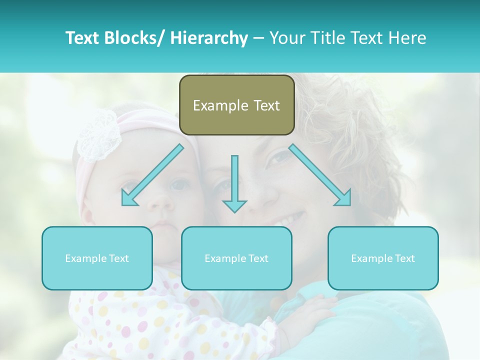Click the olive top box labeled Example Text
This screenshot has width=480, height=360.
point(236,105)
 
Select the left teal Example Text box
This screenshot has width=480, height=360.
point(97,258)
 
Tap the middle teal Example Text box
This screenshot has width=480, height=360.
point(236,258)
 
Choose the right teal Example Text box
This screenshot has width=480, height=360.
point(383,258)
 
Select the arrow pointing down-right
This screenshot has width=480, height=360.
point(321,175)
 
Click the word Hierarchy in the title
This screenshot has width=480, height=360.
point(209,38)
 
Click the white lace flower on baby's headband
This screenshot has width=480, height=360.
point(98,134)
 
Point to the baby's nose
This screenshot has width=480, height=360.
point(161,202)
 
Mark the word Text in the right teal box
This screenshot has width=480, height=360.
point(404,258)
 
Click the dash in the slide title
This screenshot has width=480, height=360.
point(258,38)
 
